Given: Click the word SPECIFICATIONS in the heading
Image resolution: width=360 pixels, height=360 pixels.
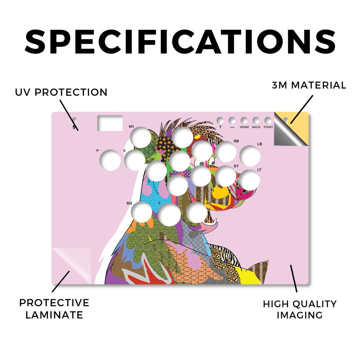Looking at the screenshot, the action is pos(180,42).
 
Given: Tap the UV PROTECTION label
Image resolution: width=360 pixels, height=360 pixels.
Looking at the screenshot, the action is pos(61,92).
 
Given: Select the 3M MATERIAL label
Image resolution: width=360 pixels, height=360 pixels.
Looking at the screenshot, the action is pos(309,85).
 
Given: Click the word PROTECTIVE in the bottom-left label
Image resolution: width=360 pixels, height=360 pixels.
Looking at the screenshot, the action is pos(54,303).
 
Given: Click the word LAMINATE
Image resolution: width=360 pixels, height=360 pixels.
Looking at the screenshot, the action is pos(54,315).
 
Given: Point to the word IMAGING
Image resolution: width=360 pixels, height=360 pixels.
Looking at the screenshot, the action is pos(300,315).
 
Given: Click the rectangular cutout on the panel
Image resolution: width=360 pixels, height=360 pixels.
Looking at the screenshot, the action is pos(110,123).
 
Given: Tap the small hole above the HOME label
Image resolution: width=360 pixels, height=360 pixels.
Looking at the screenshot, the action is pos(244,120).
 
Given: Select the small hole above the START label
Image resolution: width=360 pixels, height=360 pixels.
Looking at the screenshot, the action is pos(268,120).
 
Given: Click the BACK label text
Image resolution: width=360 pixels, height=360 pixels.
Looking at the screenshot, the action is pos(256,127).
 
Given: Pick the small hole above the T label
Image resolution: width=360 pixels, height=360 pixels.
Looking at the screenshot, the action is pos(220,120).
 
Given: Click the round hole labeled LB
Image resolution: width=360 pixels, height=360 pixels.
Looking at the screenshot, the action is pos(250,156).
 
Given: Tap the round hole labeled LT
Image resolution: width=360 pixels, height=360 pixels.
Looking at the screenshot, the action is pos(250,180).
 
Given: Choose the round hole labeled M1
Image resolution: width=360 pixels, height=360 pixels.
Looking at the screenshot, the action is pos(141,137).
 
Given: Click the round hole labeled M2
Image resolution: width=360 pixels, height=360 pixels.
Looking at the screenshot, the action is pos(142,212).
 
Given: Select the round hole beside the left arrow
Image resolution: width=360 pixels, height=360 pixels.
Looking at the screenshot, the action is pos(110,160).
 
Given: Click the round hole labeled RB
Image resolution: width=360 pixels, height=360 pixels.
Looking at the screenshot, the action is pos(226,152).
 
